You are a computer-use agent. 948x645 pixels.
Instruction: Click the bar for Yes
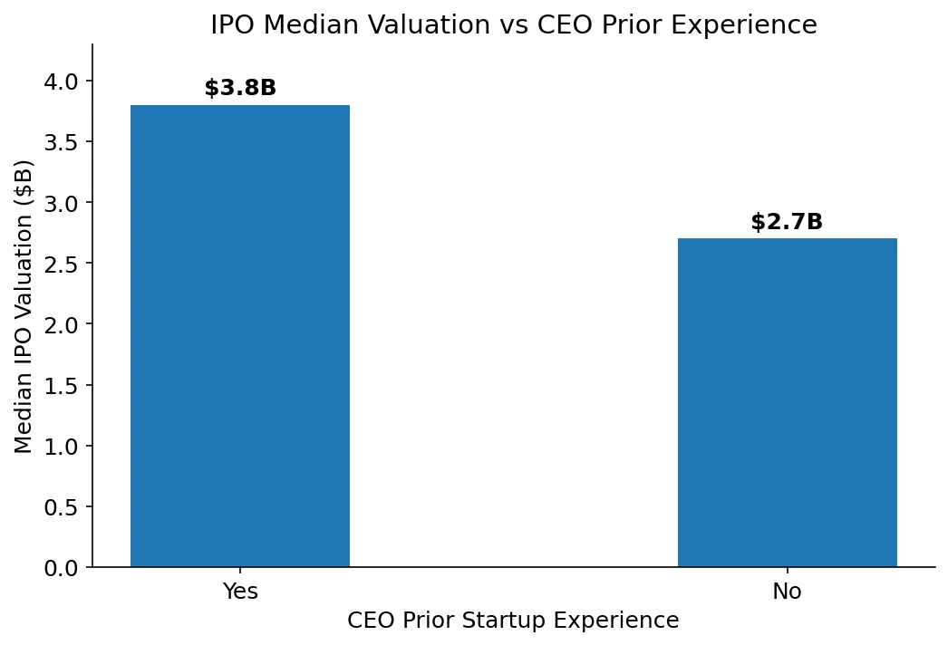240,336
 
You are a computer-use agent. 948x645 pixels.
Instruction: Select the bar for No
787,403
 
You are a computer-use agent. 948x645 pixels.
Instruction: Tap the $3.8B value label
240,88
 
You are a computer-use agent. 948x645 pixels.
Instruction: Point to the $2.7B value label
787,222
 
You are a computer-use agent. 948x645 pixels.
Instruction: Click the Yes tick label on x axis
240,592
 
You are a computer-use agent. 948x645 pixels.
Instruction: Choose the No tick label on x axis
787,592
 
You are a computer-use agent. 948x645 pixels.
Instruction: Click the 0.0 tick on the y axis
62,568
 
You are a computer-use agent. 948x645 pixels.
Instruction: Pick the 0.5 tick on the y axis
62,507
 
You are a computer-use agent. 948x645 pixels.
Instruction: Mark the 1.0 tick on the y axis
62,447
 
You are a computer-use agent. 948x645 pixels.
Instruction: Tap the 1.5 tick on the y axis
62,386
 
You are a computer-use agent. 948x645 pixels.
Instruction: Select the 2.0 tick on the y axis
62,324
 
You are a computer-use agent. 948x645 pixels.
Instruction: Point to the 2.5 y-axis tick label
62,264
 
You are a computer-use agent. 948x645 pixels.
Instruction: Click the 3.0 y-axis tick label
62,203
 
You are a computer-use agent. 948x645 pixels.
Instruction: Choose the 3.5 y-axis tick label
62,142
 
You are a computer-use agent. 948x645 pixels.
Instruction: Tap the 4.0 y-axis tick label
62,82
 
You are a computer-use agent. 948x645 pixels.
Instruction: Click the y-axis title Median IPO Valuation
24,306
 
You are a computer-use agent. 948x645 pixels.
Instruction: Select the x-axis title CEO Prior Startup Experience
513,621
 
